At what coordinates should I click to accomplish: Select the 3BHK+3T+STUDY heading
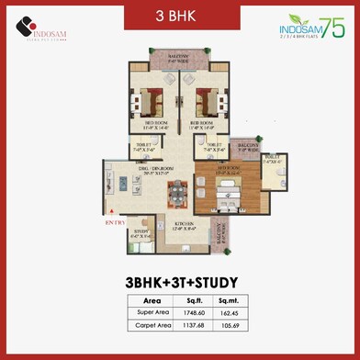180,282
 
